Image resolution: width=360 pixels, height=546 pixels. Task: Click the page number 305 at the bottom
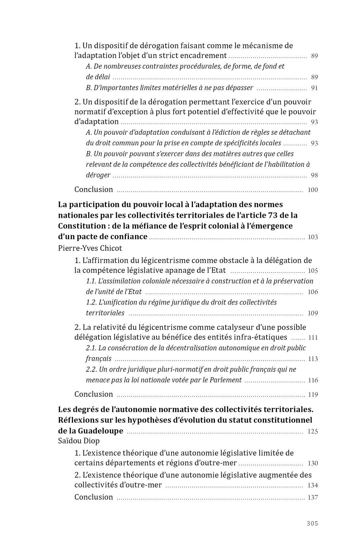pos(312,523)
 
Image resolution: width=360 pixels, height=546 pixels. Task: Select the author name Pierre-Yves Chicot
pos(90,248)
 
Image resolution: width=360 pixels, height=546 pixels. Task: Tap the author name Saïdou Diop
pos(79,441)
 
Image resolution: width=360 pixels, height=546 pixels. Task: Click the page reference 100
pos(312,190)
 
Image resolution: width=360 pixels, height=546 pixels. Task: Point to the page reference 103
pos(312,237)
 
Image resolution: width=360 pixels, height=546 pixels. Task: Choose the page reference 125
pos(312,431)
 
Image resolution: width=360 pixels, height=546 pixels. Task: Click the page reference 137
pos(312,497)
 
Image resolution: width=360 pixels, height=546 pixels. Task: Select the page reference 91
pos(314,88)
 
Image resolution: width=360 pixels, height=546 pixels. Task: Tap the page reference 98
pos(314,175)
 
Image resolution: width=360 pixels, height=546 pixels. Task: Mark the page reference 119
pos(312,395)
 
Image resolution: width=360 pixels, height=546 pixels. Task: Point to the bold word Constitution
pos(79,226)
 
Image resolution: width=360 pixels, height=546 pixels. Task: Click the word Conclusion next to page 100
pos(93,189)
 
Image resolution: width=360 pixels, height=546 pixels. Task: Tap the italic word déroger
pos(98,175)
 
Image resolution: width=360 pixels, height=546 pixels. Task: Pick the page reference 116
pos(313,380)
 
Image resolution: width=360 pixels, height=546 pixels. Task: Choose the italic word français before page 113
pos(98,358)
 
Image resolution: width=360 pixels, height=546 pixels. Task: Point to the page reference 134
pos(312,486)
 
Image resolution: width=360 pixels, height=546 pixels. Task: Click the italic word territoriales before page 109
pos(105,313)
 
